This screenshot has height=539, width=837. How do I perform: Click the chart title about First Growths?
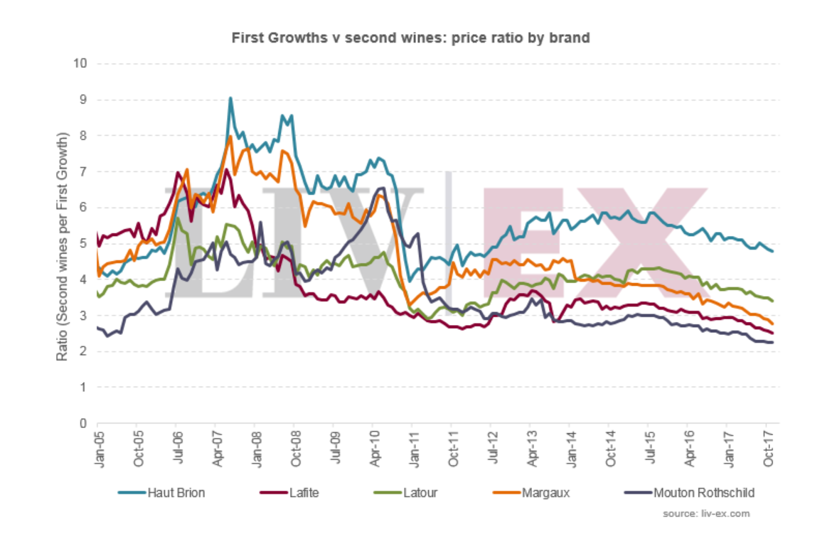point(411,38)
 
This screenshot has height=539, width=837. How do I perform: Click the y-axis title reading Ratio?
point(62,246)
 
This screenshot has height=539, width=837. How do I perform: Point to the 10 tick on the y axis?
point(80,63)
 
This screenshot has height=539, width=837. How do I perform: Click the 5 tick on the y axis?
point(83,243)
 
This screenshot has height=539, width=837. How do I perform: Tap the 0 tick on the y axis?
point(83,423)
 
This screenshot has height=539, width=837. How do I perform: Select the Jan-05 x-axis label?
point(99,450)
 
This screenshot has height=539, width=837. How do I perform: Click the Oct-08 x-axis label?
point(296,450)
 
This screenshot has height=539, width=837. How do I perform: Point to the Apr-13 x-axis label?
point(531,450)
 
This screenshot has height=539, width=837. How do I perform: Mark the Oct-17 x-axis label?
point(767,450)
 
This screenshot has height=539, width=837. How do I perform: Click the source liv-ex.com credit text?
point(706,514)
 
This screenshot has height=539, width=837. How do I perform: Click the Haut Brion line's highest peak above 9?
point(230,98)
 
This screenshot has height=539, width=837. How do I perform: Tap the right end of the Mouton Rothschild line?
point(773,343)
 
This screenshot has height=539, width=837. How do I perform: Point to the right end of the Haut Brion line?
point(773,251)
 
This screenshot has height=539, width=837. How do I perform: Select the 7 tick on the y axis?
point(83,172)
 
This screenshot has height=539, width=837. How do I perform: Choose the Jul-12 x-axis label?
point(492,450)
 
